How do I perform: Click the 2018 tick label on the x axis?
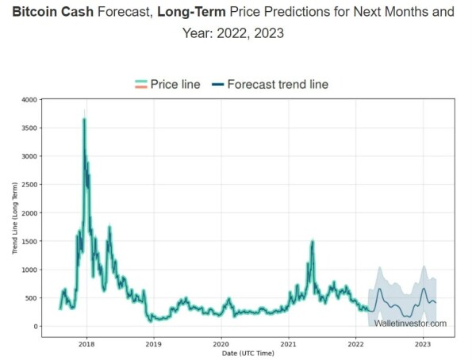coord(86,344)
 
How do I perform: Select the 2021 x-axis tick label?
coord(289,344)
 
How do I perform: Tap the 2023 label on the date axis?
coord(423,344)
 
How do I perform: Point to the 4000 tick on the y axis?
coord(29,100)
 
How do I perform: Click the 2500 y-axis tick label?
coord(29,185)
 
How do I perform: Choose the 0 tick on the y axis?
coord(36,327)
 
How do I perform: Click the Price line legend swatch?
coord(141,84)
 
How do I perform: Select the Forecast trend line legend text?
coord(278,84)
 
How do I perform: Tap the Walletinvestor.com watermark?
coord(410,324)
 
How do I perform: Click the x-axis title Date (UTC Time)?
coord(248,354)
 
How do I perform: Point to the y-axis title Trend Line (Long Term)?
coord(15,218)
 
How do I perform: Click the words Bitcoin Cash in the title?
coord(53,12)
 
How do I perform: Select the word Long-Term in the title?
coord(191,12)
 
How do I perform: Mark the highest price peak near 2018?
coord(84,119)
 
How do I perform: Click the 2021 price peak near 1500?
coord(313,242)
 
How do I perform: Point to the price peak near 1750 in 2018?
coord(109,227)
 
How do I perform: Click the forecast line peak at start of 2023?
coord(424,289)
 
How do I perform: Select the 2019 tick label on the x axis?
coord(154,344)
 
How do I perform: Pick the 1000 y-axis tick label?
coord(29,270)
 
